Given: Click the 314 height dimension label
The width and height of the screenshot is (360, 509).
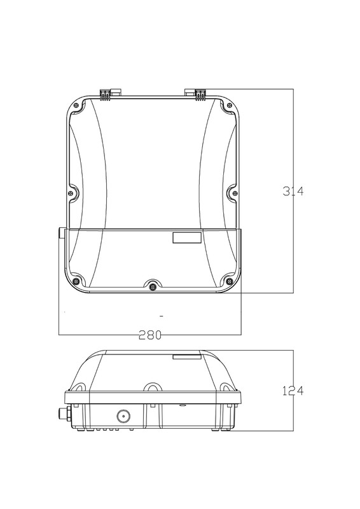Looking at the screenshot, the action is (293, 192).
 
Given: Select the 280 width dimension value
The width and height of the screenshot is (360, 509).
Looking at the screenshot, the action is (150, 335).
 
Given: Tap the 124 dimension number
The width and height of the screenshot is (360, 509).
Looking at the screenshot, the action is (293, 391).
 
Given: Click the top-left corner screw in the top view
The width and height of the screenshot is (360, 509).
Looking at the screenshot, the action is (76, 105).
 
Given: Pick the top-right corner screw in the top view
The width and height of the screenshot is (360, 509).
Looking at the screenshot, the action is (230, 105).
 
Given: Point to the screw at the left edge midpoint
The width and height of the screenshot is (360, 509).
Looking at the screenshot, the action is (71, 193).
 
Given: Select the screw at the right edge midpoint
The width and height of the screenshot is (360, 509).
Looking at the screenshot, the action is (235, 193).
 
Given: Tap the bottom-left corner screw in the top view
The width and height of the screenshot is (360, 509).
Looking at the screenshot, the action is (76, 281).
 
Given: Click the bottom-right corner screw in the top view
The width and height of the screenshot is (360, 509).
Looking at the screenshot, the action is (230, 281).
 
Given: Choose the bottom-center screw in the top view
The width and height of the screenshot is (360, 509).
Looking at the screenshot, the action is (153, 287).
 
